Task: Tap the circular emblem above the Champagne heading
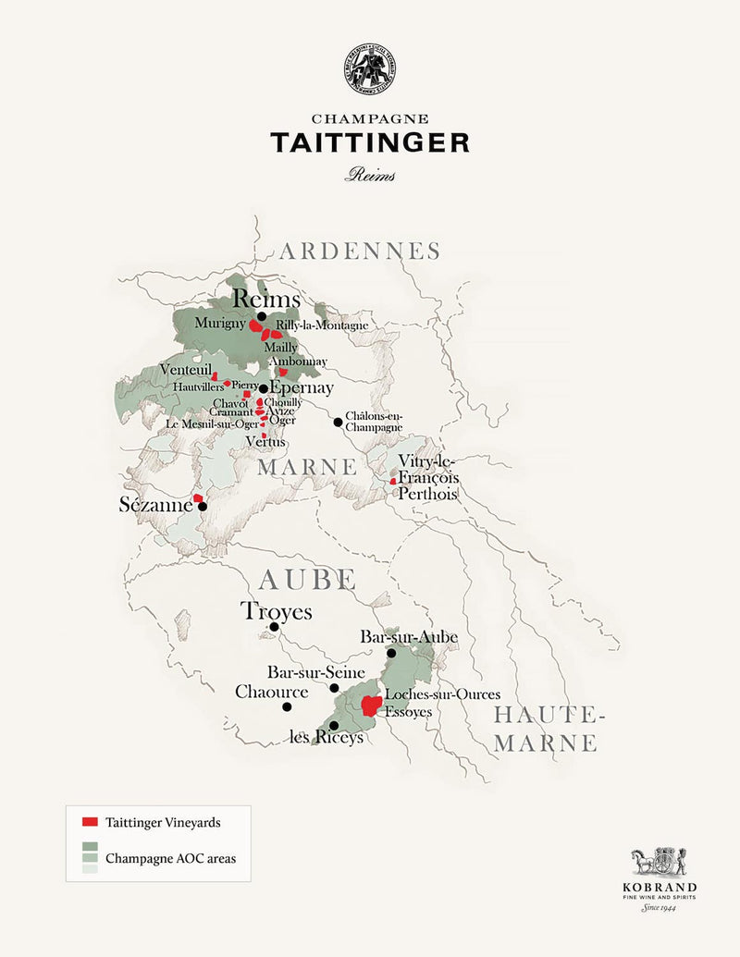369,67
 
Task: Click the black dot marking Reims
262,316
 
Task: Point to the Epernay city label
302,388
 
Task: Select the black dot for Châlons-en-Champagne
338,423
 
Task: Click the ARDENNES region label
360,252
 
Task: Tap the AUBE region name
307,580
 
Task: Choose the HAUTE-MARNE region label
548,729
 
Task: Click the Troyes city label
277,611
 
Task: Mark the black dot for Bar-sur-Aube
391,653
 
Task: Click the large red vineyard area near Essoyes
371,706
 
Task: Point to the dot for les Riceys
334,725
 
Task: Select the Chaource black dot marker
287,706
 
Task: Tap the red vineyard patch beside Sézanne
198,498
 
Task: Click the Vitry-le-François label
428,469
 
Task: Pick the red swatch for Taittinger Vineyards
90,821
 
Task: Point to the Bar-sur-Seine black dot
334,688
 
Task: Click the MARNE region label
306,467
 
